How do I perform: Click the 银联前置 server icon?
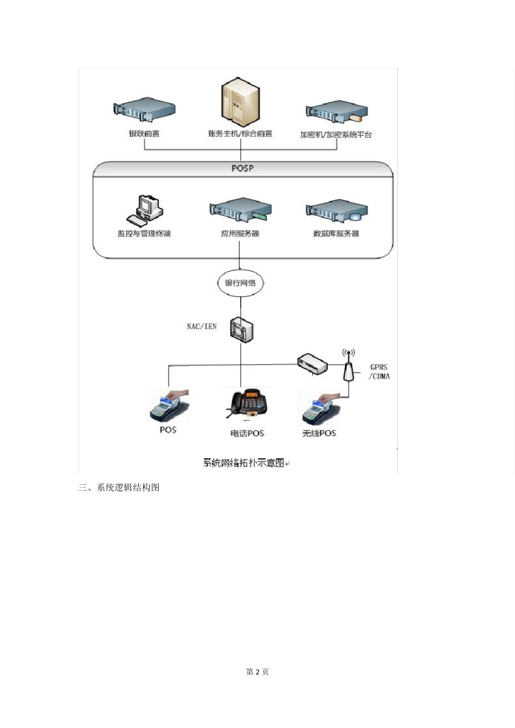[144, 110]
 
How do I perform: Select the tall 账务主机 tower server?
[240, 102]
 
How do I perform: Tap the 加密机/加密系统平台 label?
[336, 134]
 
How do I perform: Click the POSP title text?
[242, 168]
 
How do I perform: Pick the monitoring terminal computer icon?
[145, 210]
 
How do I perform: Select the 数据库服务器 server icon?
[337, 211]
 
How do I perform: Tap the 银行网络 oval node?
[240, 283]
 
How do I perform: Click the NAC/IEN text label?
[202, 327]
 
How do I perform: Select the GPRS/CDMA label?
[379, 372]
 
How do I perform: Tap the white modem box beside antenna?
[312, 363]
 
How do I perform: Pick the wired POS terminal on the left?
[169, 406]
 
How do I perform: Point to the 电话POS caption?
[247, 433]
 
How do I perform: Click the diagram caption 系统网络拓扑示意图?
[244, 463]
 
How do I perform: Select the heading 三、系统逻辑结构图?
[119, 487]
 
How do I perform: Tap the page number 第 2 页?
[257, 672]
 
